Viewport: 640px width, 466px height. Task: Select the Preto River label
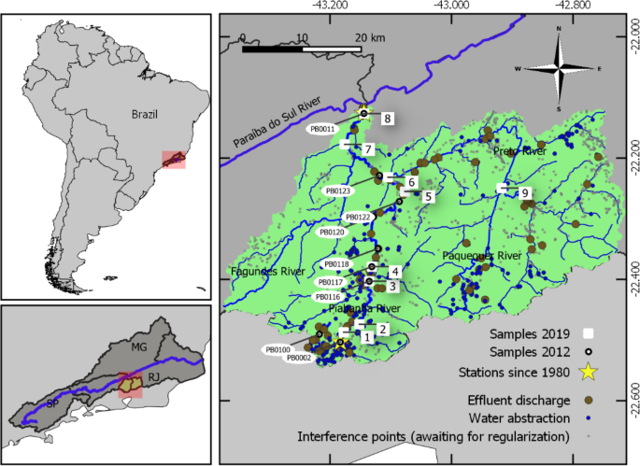[520, 151]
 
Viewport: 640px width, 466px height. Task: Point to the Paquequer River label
[481, 255]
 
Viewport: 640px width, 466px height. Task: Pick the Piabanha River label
[364, 307]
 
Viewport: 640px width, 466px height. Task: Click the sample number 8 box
[386, 118]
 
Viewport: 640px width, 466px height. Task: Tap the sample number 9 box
[525, 192]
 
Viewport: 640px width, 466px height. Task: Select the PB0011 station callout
[321, 130]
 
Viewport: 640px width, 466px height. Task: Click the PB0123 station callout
[337, 191]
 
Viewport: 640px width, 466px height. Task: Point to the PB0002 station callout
[299, 358]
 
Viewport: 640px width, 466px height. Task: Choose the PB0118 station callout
[334, 265]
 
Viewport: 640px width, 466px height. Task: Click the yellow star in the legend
[589, 373]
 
